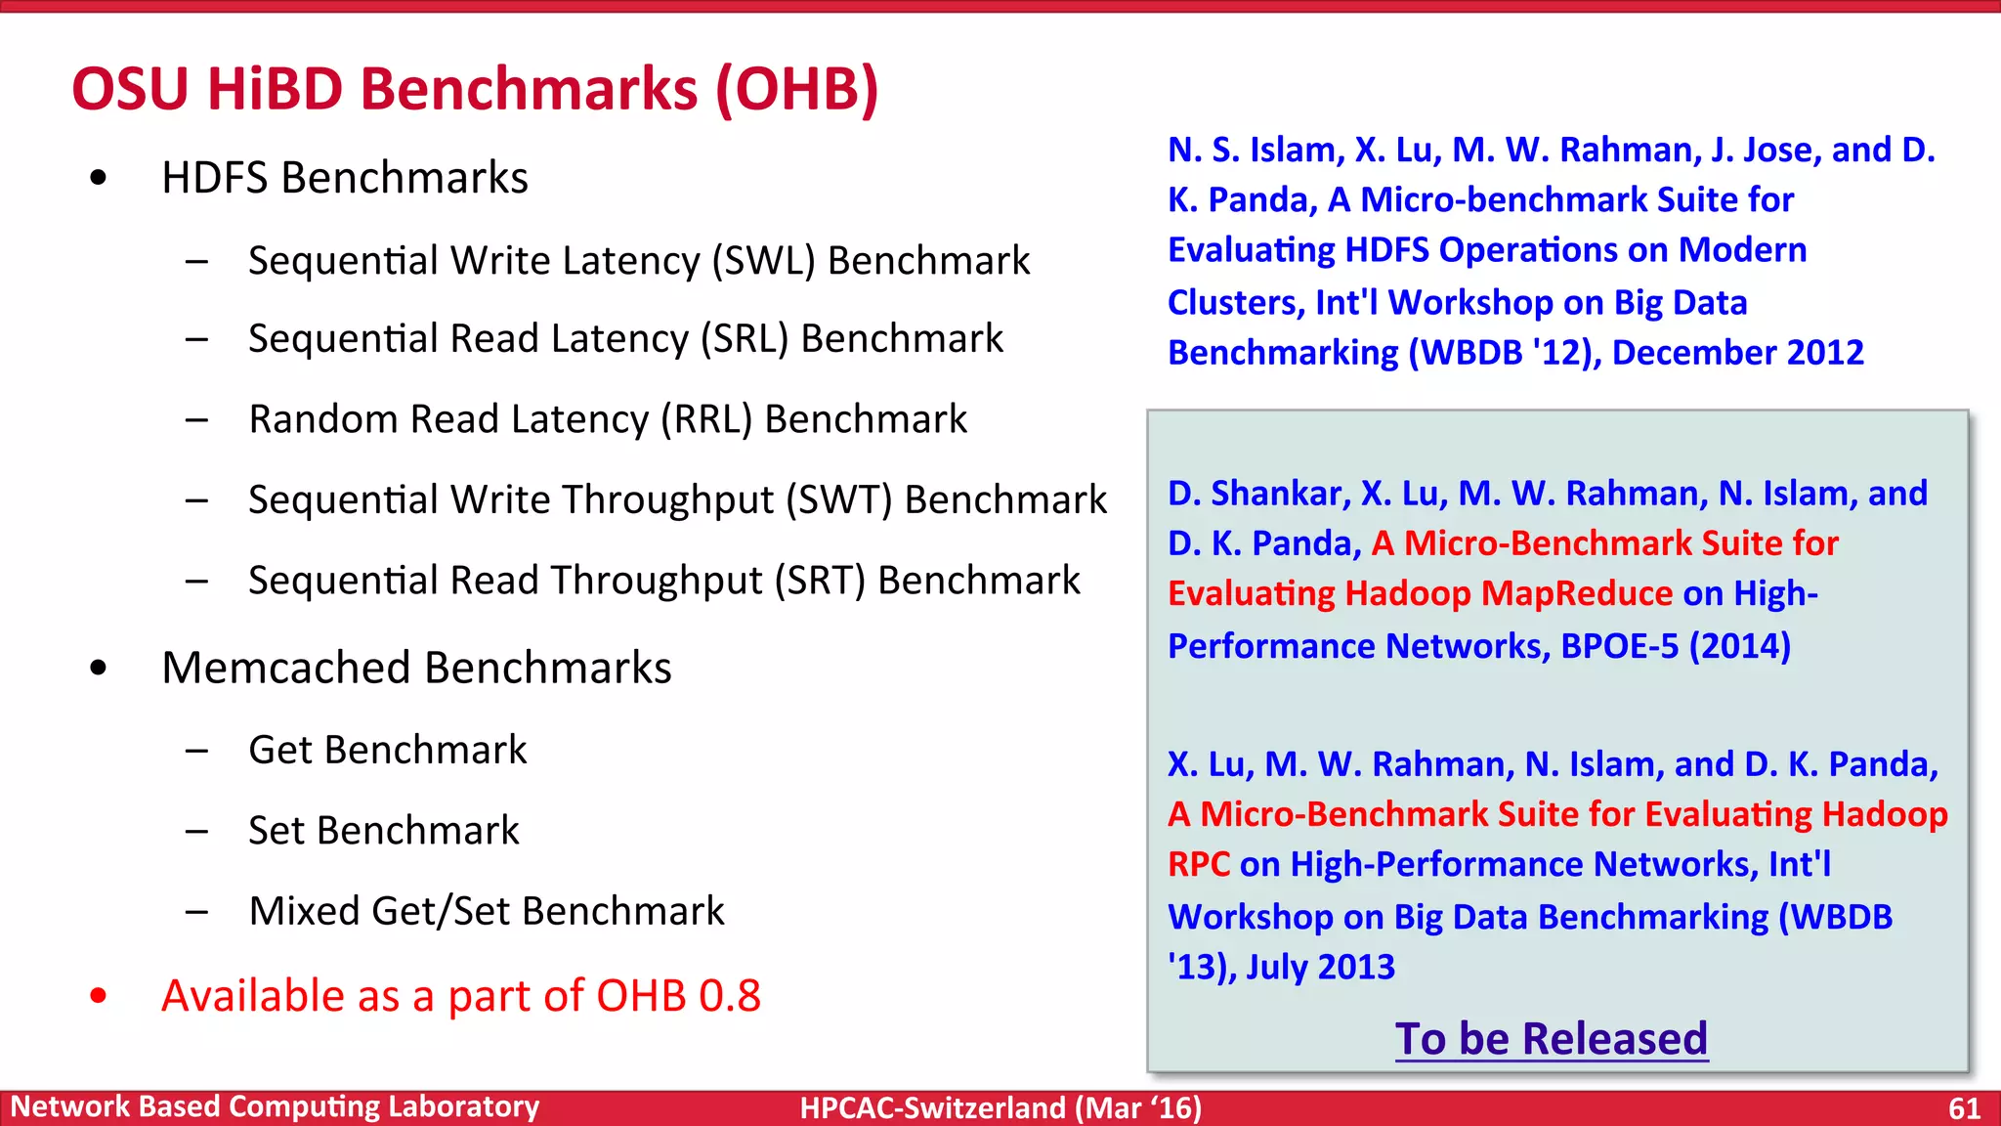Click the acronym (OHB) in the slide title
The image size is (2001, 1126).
point(796,90)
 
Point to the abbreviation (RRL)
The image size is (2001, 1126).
point(706,419)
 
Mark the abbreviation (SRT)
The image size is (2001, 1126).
point(820,581)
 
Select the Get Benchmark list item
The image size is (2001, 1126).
point(387,751)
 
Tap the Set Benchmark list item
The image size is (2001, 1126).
point(383,831)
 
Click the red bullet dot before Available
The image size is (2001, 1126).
point(98,996)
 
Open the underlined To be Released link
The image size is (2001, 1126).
point(1551,1038)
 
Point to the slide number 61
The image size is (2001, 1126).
point(1964,1108)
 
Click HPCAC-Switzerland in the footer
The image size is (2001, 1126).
point(932,1108)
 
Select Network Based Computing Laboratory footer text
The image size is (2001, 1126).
point(275,1106)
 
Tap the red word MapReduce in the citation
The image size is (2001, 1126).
point(1576,593)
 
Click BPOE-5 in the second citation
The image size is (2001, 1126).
point(1619,646)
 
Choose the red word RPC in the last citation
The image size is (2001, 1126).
point(1198,865)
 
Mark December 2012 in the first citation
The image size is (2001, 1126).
point(1737,353)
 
